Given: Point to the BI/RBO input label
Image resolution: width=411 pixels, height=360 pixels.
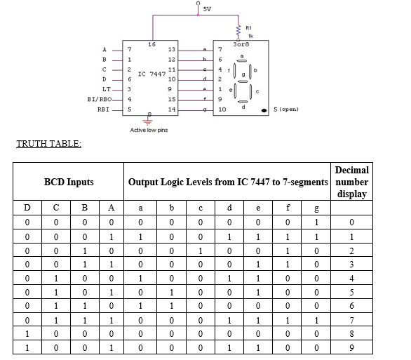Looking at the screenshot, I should click(99, 100).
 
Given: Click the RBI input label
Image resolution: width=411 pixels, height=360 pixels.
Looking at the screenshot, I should click(103, 110).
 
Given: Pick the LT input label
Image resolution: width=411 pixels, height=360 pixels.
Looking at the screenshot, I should click(106, 89).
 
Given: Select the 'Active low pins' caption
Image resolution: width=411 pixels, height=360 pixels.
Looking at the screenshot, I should click(149, 130).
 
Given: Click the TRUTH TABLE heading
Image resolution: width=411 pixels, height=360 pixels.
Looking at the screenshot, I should click(48, 144).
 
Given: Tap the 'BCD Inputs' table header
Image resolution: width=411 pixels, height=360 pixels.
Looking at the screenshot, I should click(69, 182).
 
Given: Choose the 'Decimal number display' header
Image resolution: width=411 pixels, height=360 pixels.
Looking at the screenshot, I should click(351, 182).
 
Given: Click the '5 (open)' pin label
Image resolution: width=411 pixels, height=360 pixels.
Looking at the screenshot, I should click(287, 110).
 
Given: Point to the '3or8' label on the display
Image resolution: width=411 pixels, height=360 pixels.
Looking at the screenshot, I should click(241, 44).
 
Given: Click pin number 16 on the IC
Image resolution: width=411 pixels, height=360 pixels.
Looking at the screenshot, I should click(151, 44).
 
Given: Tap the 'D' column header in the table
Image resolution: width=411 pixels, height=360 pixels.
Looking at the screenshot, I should click(27, 208).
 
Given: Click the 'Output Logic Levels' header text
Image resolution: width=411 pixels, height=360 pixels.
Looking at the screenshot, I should click(227, 182).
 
